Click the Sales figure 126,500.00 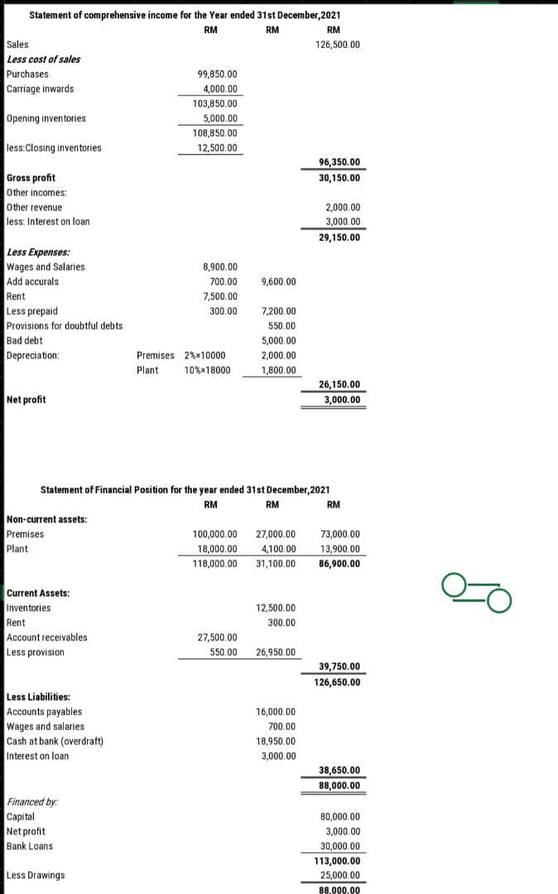338,45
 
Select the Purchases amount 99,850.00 219,74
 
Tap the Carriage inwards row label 40,89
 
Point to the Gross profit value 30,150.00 339,178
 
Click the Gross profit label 31,178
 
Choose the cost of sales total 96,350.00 339,163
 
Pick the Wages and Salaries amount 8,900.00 220,267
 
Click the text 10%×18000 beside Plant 207,370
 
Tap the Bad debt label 24,340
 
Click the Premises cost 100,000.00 214,535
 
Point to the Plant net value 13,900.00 339,550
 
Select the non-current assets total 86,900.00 339,565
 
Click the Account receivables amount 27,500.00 218,637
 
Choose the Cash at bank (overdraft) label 55,742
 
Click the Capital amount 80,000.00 339,816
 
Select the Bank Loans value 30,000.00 339,846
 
